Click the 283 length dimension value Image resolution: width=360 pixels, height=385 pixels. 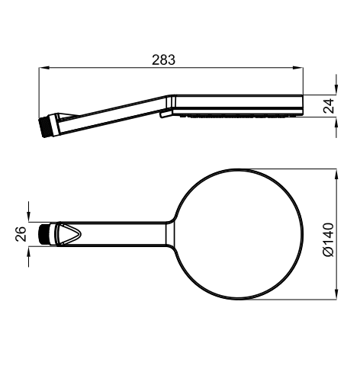tap(163, 60)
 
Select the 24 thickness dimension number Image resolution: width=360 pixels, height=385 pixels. tap(329, 106)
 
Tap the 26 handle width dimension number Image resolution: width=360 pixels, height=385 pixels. tap(21, 234)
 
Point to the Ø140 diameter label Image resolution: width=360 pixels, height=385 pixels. tap(328, 239)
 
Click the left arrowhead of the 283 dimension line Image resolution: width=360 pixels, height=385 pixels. tap(43, 68)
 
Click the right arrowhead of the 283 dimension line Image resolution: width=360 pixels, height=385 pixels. tap(298, 68)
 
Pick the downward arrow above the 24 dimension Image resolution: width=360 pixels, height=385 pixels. tap(336, 85)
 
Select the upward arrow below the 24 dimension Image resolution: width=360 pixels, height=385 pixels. tap(336, 127)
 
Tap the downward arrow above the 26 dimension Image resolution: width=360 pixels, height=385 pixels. tap(29, 212)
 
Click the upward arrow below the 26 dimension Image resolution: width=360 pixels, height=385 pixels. tap(29, 256)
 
